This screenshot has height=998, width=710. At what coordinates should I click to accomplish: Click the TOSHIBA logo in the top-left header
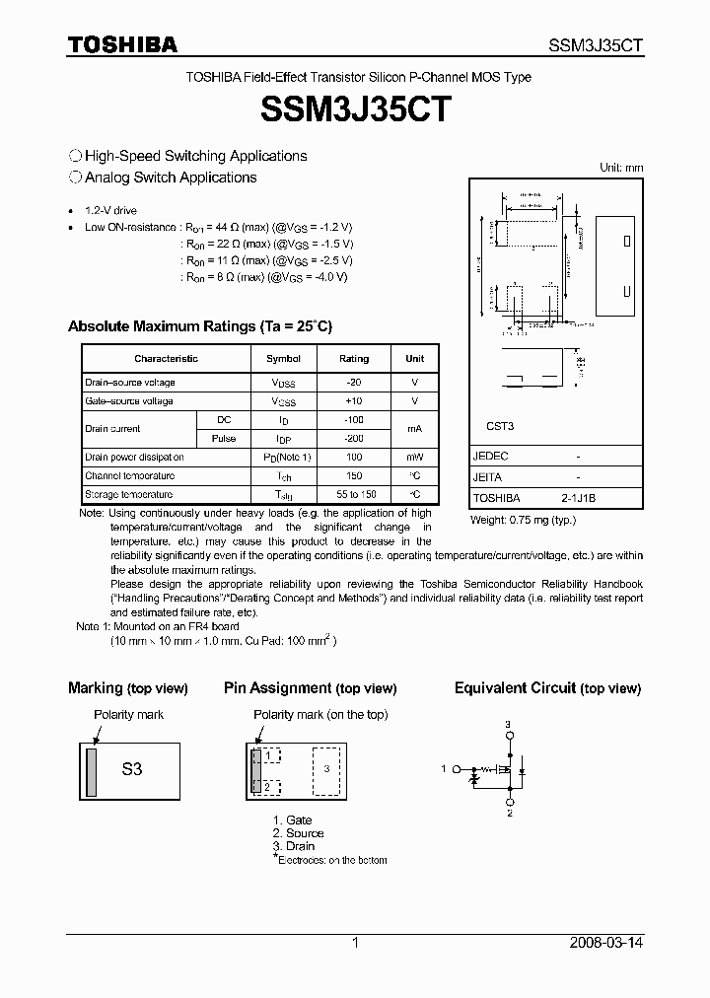(x=122, y=44)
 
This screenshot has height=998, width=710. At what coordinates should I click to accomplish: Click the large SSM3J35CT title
(x=355, y=109)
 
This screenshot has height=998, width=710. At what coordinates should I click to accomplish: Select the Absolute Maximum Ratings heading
(x=200, y=326)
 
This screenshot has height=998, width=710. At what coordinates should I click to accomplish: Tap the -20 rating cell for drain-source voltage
(x=353, y=383)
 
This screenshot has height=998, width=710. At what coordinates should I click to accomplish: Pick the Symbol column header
(x=284, y=359)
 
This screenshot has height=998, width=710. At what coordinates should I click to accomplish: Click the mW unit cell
(x=414, y=458)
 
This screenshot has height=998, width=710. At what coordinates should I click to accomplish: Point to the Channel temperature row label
(x=129, y=476)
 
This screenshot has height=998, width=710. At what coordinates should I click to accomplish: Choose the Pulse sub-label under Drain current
(x=224, y=438)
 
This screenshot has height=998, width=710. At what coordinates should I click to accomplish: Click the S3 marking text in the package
(x=132, y=769)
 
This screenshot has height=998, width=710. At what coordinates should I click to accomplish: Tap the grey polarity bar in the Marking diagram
(x=92, y=770)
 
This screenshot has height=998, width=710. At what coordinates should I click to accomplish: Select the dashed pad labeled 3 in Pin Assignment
(x=328, y=769)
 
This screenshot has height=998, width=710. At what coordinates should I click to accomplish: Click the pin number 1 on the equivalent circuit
(x=444, y=768)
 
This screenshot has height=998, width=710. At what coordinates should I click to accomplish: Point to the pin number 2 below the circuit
(x=509, y=814)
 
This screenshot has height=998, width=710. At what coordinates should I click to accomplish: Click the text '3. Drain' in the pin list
(x=294, y=846)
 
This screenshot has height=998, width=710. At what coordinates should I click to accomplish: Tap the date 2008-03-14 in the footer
(x=606, y=943)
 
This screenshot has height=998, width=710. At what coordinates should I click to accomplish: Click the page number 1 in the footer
(x=355, y=943)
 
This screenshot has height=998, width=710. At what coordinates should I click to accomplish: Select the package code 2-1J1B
(x=578, y=499)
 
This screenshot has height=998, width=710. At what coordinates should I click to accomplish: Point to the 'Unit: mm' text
(x=621, y=168)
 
